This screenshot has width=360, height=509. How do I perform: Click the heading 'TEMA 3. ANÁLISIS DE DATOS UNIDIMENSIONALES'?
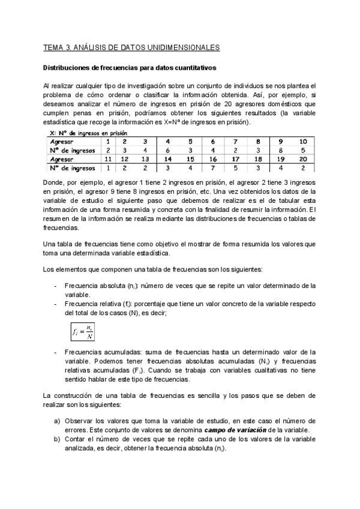click(131, 47)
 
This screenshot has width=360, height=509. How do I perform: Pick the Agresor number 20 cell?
click(303, 160)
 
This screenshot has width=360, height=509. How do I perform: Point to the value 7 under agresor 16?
click(213, 169)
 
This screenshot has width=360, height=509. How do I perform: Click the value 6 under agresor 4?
click(167, 151)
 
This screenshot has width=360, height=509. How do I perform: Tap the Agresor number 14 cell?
click(167, 160)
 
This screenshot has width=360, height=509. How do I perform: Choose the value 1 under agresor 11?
click(107, 169)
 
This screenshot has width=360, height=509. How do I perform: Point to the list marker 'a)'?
click(57, 421)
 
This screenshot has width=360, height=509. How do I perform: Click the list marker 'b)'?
click(57, 440)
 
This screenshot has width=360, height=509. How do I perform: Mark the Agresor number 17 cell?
click(236, 160)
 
